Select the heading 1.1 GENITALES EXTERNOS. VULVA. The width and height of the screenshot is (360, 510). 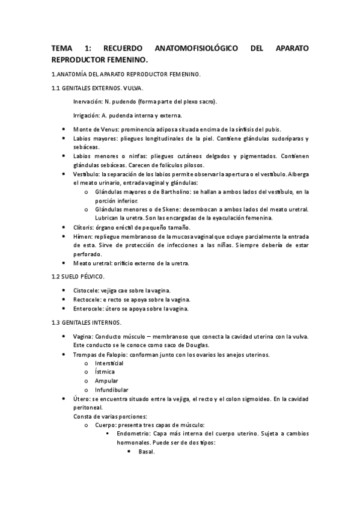click(97, 88)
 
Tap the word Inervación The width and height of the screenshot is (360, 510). click(88, 102)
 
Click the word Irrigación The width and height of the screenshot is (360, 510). click(87, 115)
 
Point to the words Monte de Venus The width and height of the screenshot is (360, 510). click(96, 129)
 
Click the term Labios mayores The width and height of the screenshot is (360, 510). click(94, 138)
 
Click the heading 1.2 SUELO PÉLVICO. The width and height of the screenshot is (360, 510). click(78, 277)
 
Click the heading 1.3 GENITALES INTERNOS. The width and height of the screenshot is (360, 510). click(87, 322)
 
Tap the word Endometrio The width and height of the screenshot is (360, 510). click(136, 434)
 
